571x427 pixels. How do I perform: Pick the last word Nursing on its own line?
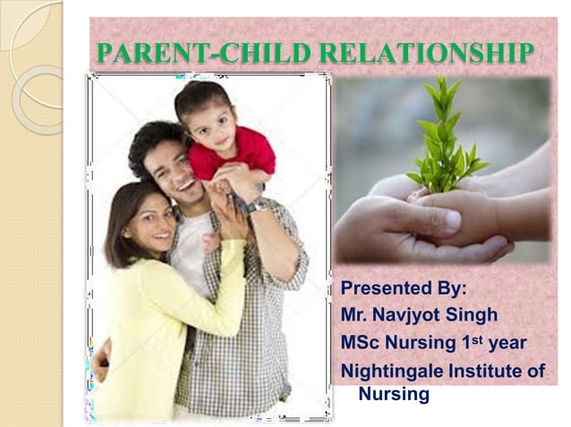click(394, 394)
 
